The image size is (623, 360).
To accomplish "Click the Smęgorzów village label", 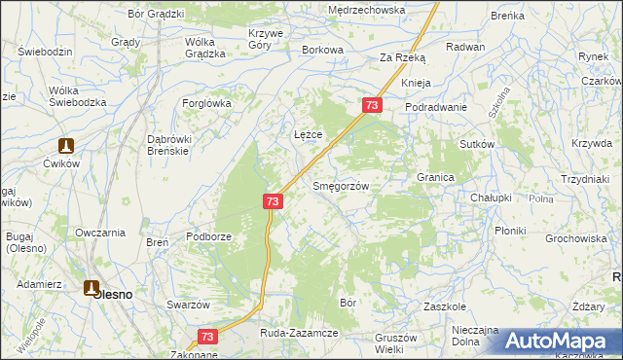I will click(339, 186).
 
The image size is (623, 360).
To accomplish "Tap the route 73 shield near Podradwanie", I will click(371, 104).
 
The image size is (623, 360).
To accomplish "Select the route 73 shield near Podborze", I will click(272, 200).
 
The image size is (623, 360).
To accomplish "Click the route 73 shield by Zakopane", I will click(206, 336).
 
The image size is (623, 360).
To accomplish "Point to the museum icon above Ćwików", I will click(65, 146).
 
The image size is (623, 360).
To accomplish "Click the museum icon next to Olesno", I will click(92, 288).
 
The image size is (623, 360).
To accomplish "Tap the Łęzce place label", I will click(309, 133).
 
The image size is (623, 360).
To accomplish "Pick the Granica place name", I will click(436, 178).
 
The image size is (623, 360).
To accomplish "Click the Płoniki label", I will click(510, 231).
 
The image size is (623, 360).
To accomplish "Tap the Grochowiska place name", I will click(576, 237).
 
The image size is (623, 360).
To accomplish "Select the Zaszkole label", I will click(447, 306).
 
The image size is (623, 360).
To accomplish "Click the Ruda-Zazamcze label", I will click(298, 333).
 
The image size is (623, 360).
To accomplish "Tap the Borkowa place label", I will click(323, 50).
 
